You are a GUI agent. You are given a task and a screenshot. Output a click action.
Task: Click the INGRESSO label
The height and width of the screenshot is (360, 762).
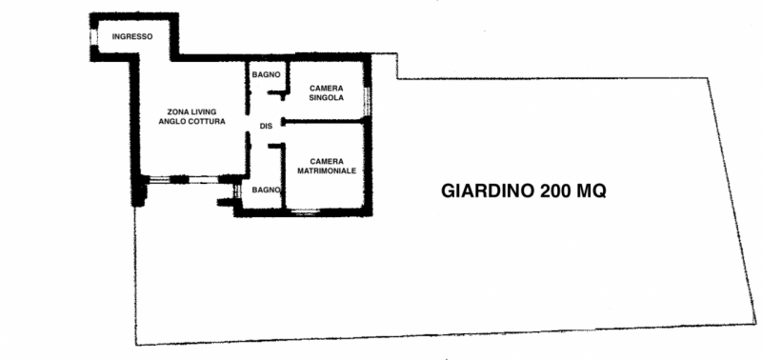pyautogui.click(x=132, y=36)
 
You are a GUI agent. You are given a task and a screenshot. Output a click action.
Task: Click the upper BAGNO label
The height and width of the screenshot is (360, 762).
pyautogui.click(x=264, y=74)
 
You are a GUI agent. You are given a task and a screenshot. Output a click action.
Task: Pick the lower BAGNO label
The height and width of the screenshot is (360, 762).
pyautogui.click(x=265, y=190)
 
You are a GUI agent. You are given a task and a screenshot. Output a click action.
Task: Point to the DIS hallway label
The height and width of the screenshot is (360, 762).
pyautogui.click(x=266, y=127)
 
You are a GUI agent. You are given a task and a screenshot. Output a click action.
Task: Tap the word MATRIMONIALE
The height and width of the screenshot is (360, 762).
pyautogui.click(x=326, y=170)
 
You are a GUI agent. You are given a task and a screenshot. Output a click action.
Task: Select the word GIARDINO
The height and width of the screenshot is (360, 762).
pyautogui.click(x=487, y=190)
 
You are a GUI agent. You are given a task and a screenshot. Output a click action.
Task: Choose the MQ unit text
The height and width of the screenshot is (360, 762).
pyautogui.click(x=594, y=190)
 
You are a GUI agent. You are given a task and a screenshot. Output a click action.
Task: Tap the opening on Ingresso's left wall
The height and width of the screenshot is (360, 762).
pyautogui.click(x=92, y=35)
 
